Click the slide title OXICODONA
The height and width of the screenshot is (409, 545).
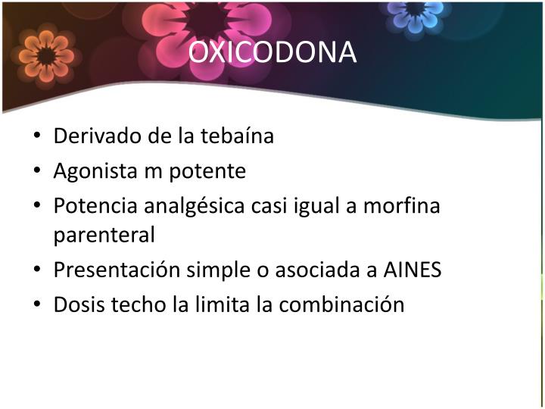coord(272,52)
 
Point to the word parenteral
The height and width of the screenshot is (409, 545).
coord(104,235)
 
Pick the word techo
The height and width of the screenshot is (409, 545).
coord(129,304)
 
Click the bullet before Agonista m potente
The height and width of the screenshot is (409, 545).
coord(38,172)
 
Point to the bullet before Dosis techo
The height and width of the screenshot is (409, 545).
coord(38,305)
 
